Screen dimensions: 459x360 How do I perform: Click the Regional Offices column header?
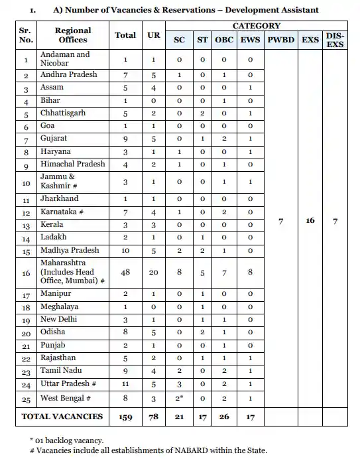pyautogui.click(x=72, y=35)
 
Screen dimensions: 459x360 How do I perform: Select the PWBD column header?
pyautogui.click(x=281, y=40)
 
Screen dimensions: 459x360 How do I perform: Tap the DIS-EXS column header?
pyautogui.click(x=335, y=40)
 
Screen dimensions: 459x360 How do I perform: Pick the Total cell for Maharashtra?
pyautogui.click(x=125, y=271)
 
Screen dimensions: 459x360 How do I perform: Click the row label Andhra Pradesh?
pyautogui.click(x=69, y=75)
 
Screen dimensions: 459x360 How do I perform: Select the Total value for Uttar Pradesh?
pyautogui.click(x=125, y=384)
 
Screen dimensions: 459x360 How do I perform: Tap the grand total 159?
pyautogui.click(x=125, y=417)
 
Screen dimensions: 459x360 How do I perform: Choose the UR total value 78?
pyautogui.click(x=153, y=417)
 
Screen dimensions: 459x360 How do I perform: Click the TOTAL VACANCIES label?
pyautogui.click(x=62, y=417)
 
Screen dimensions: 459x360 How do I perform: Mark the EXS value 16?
pyautogui.click(x=310, y=220)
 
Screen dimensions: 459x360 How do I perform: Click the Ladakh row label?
pyautogui.click(x=54, y=237)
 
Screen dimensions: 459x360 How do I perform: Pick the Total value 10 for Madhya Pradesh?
pyautogui.click(x=125, y=251)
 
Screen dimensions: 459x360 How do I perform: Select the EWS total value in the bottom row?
pyautogui.click(x=249, y=417)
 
